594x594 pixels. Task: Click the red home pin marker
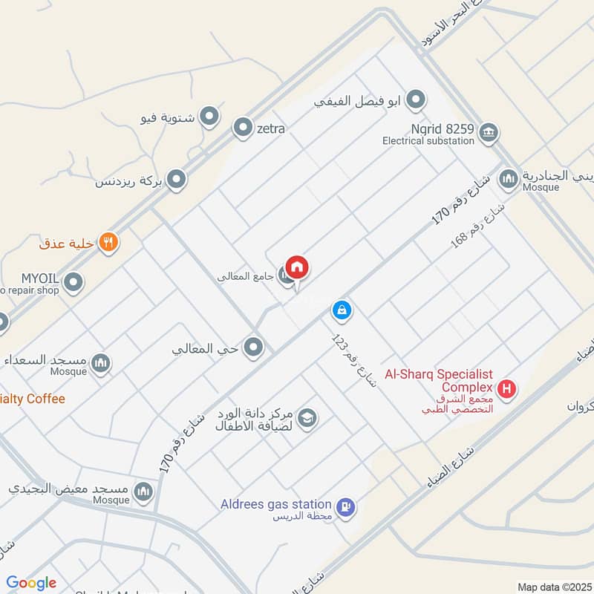(297, 267)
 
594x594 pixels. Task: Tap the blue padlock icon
(341, 309)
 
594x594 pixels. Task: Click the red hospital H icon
(507, 388)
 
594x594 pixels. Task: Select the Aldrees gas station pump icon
(345, 508)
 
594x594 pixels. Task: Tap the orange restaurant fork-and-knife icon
(108, 242)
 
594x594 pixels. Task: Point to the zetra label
(271, 128)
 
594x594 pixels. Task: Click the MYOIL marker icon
(73, 282)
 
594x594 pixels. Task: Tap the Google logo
(31, 583)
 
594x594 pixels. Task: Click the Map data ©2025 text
(553, 587)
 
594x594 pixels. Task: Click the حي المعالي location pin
(254, 347)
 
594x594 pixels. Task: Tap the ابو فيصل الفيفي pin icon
(417, 99)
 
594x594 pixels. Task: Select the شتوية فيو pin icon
(210, 117)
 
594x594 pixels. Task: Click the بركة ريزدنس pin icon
(176, 179)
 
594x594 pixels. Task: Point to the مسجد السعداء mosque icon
(102, 363)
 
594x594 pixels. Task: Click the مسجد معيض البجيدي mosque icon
(143, 491)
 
